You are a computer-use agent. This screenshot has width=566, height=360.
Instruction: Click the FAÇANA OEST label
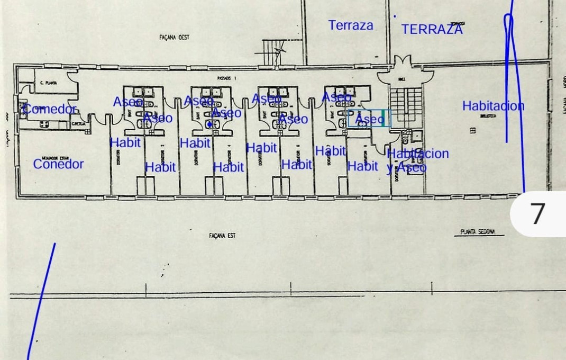pos(174,38)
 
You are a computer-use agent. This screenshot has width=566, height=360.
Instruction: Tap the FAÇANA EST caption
pos(222,236)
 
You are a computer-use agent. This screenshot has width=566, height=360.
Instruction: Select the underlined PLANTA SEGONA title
pos(477,232)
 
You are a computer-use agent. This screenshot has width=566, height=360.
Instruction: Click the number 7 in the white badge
pos(537,214)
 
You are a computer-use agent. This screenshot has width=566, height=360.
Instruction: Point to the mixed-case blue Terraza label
pos(350,25)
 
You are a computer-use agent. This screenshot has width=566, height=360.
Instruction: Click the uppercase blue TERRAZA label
pos(432,29)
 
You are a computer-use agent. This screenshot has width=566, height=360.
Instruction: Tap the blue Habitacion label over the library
pos(493,106)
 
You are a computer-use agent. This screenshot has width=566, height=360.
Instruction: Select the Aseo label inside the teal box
pos(369,119)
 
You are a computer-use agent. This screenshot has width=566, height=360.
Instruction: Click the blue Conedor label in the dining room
pos(58,164)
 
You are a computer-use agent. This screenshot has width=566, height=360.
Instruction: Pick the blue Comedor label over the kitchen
pos(51,109)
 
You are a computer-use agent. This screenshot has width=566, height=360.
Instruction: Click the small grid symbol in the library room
pos(472,130)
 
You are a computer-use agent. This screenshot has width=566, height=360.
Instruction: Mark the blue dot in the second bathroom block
pos(209,124)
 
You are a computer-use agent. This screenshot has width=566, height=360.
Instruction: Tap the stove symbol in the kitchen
pos(43,124)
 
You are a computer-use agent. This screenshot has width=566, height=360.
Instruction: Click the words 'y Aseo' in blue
pos(406,168)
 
